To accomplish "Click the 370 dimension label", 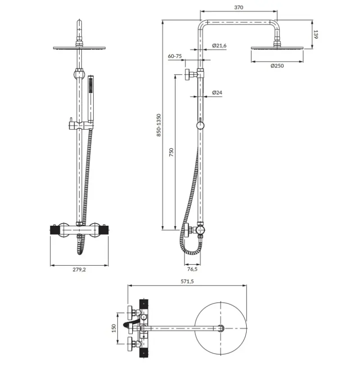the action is pyautogui.click(x=238, y=7).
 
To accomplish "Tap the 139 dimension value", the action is pyautogui.click(x=316, y=35).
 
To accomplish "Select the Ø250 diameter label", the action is pyautogui.click(x=277, y=66).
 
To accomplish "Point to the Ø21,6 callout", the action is pyautogui.click(x=219, y=45).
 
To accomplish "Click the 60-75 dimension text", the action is pyautogui.click(x=175, y=56).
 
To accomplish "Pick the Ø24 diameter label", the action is pyautogui.click(x=217, y=93).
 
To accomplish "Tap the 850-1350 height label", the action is pyautogui.click(x=159, y=125).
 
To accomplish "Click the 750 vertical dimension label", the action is pyautogui.click(x=171, y=152).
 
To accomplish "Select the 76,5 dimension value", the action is pyautogui.click(x=192, y=269).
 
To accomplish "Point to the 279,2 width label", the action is pyautogui.click(x=79, y=270).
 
